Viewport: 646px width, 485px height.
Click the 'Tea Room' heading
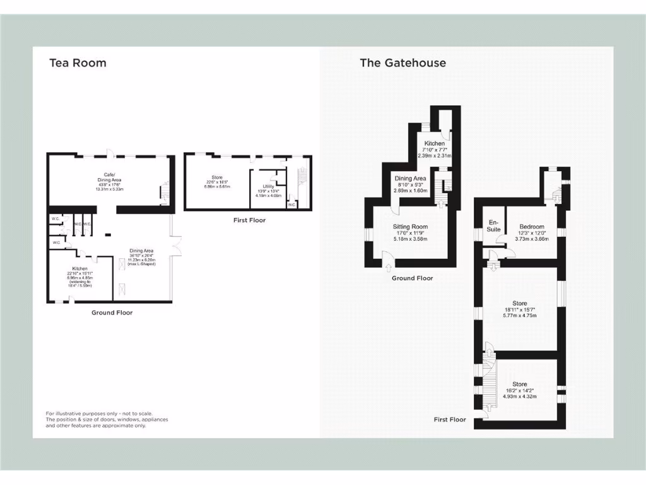tap(78, 63)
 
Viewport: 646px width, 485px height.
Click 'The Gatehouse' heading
tap(402, 63)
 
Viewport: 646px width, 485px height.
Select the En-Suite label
tap(493, 225)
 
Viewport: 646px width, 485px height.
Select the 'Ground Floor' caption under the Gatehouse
tap(413, 278)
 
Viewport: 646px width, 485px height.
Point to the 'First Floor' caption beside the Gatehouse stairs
tap(450, 419)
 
